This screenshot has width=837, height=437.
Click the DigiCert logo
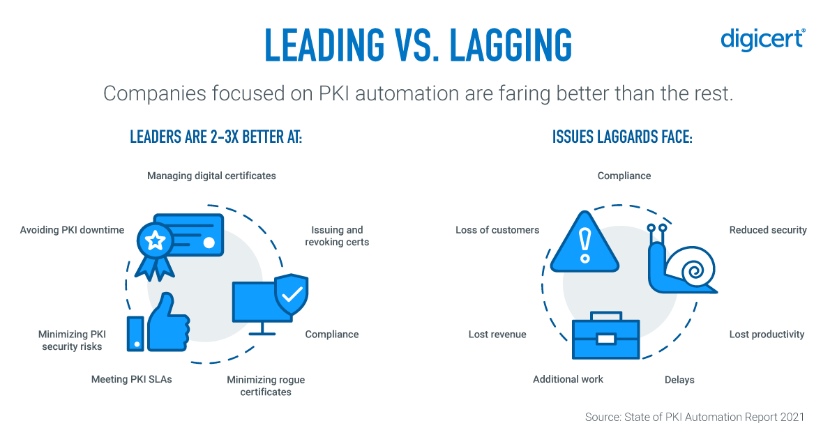click(x=762, y=40)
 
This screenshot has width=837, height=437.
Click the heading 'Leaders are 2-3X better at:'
click(x=216, y=137)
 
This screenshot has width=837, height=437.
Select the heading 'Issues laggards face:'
click(x=622, y=137)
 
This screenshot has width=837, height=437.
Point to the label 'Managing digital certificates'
click(x=211, y=176)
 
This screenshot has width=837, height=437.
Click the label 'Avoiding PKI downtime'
click(x=72, y=230)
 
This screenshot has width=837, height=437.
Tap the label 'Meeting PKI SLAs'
click(x=131, y=380)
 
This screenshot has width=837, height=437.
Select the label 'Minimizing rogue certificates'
click(x=266, y=386)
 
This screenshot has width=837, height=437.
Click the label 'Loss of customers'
click(x=497, y=230)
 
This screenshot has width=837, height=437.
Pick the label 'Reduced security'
click(x=768, y=230)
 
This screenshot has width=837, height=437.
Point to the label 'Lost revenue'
click(x=497, y=335)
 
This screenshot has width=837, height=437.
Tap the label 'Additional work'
click(x=568, y=379)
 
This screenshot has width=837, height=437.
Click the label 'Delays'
click(x=679, y=380)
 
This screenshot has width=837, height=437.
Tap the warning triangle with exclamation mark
click(x=585, y=243)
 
